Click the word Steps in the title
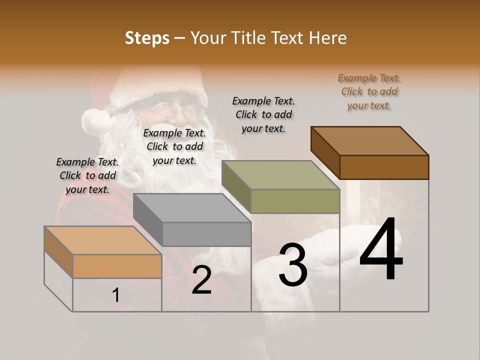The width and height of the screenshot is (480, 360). [x=146, y=38]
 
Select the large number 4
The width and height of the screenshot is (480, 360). [x=381, y=250]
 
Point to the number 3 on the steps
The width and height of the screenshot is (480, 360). [x=292, y=264]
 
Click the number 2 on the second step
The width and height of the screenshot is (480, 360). [x=201, y=280]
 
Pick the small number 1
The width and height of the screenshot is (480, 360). [x=115, y=295]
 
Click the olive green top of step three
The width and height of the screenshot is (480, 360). [x=280, y=175]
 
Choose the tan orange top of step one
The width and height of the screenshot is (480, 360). [x=103, y=240]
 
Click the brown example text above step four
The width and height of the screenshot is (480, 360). [x=369, y=91]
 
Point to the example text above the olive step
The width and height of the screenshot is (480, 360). [x=263, y=114]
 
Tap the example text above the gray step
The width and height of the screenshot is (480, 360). [x=174, y=146]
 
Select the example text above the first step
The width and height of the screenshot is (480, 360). [x=87, y=175]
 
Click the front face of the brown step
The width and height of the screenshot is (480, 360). [x=384, y=167]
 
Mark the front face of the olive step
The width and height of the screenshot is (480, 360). [x=295, y=201]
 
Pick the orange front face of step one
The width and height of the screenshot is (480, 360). [x=117, y=266]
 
